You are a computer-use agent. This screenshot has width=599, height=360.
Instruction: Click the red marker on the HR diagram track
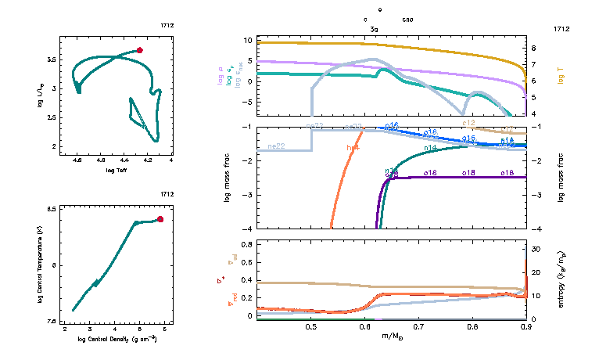tap(140, 50)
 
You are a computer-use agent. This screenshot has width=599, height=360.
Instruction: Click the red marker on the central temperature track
tap(160, 219)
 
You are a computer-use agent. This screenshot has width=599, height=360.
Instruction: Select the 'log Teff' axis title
tap(117, 170)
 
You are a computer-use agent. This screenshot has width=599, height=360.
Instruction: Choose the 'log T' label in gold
tap(561, 76)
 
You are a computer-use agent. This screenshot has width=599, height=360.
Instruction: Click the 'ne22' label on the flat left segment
tap(275, 146)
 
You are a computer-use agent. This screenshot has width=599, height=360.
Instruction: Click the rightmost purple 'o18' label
tap(507, 172)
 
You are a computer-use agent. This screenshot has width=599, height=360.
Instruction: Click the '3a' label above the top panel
tap(374, 28)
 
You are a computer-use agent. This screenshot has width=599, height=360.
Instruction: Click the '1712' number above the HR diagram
tap(167, 26)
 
